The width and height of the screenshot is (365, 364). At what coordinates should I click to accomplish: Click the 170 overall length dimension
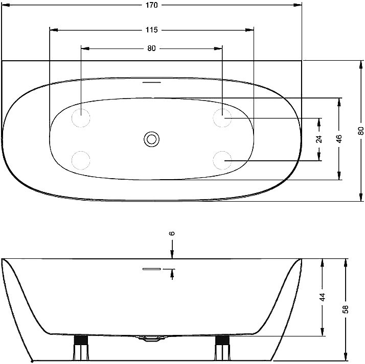coord(152,5)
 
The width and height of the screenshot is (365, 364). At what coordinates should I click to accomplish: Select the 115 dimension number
coord(151,30)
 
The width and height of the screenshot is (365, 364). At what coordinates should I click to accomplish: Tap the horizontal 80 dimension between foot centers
coord(151,48)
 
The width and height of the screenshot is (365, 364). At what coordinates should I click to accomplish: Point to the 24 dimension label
coord(320,139)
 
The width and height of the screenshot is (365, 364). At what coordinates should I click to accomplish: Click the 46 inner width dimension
coord(339,139)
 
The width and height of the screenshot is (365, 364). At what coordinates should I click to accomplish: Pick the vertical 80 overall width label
coord(360,131)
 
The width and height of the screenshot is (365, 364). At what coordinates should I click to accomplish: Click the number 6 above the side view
coord(172,233)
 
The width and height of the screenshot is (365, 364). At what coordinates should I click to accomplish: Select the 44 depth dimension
coord(323,297)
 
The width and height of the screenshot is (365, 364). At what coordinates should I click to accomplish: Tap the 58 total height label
coord(346,309)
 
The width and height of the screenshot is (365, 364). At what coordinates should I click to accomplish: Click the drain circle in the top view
coord(151,139)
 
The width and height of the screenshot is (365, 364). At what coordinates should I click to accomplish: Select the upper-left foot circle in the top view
coord(81,118)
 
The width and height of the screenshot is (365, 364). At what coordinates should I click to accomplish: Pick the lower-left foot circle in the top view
coord(81,160)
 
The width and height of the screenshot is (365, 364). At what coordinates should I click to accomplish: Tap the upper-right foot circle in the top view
coord(222,118)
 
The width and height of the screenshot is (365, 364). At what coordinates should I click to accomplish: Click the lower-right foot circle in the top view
coord(222,160)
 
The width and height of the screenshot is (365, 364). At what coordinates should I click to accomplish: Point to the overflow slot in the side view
coord(151,269)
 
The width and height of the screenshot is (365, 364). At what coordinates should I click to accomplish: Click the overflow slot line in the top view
coord(151,82)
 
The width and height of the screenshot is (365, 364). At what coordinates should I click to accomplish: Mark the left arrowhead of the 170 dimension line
coord(6,5)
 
